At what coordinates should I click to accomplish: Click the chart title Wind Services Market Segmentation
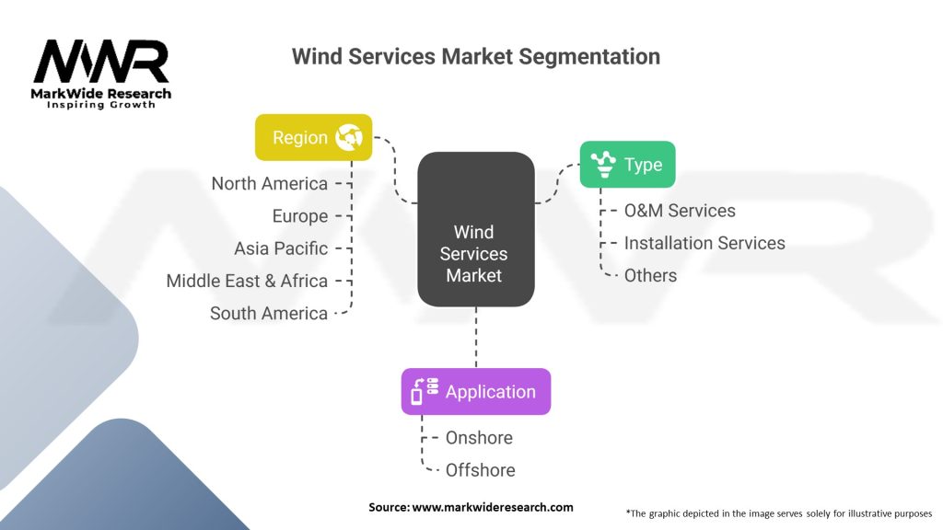point(475,56)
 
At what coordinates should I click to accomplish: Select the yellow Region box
point(313,137)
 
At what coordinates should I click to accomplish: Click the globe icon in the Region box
point(349,138)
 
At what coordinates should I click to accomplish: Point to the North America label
point(269,183)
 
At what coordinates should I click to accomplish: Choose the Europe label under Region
point(299,216)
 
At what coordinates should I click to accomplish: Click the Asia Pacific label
point(280,248)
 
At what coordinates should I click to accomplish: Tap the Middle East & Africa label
point(247,281)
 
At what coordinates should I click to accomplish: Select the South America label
point(268,313)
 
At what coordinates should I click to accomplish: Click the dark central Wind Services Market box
point(475,230)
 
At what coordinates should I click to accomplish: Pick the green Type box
point(626,165)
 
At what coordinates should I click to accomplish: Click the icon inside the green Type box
point(604,165)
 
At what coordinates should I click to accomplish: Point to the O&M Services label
point(680,211)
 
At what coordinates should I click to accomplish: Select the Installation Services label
point(704,243)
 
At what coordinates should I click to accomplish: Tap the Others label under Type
point(650,275)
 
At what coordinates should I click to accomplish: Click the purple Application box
point(475,391)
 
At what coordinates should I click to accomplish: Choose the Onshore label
point(479,438)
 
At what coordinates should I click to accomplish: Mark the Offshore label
point(480,470)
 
